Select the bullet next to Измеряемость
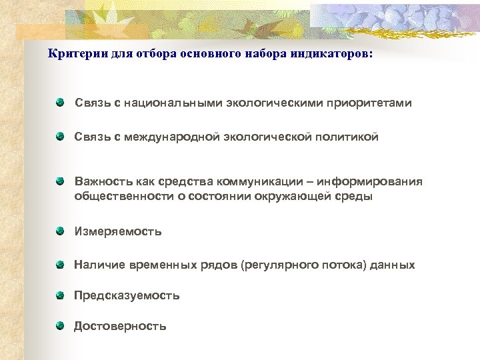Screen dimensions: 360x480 point(60,231)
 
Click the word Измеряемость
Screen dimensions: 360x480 point(118,232)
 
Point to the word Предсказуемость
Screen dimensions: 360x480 point(127,295)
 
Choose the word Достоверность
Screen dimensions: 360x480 point(120,326)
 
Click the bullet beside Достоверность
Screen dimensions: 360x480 point(60,325)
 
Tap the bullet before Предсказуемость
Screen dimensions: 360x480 point(60,295)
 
